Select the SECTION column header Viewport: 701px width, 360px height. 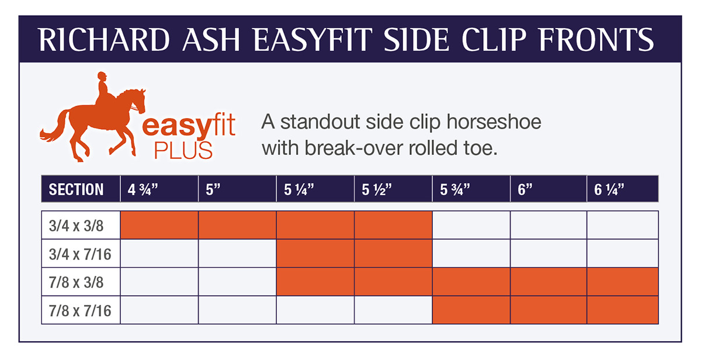[77, 189]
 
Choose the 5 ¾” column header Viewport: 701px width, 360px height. [454, 189]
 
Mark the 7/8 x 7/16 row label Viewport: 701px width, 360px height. [80, 310]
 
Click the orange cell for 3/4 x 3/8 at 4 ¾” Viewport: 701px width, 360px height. [159, 225]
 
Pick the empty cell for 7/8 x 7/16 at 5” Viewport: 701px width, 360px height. [237, 310]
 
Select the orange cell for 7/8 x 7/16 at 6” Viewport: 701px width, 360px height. [549, 310]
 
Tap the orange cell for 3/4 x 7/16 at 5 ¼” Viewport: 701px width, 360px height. [315, 254]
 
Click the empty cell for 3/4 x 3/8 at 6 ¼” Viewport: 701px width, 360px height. [623, 225]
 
